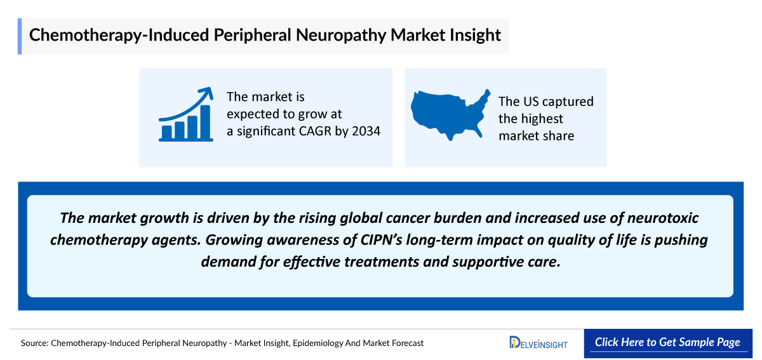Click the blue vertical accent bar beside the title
point(20,36)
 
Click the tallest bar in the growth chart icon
point(205,122)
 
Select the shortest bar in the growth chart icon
point(167,132)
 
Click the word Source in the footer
point(34,343)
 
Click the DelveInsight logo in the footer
point(538,343)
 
